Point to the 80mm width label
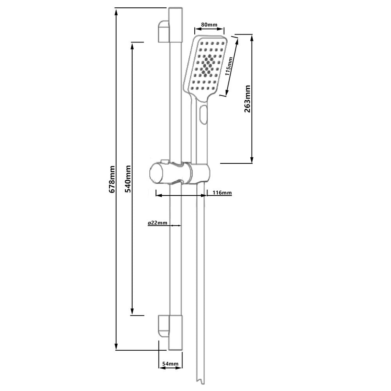209,25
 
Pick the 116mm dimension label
222,193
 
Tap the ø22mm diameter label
157,223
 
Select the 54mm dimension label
170,364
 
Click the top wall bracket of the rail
163,31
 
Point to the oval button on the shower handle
202,114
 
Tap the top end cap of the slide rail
175,10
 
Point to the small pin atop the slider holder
164,160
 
